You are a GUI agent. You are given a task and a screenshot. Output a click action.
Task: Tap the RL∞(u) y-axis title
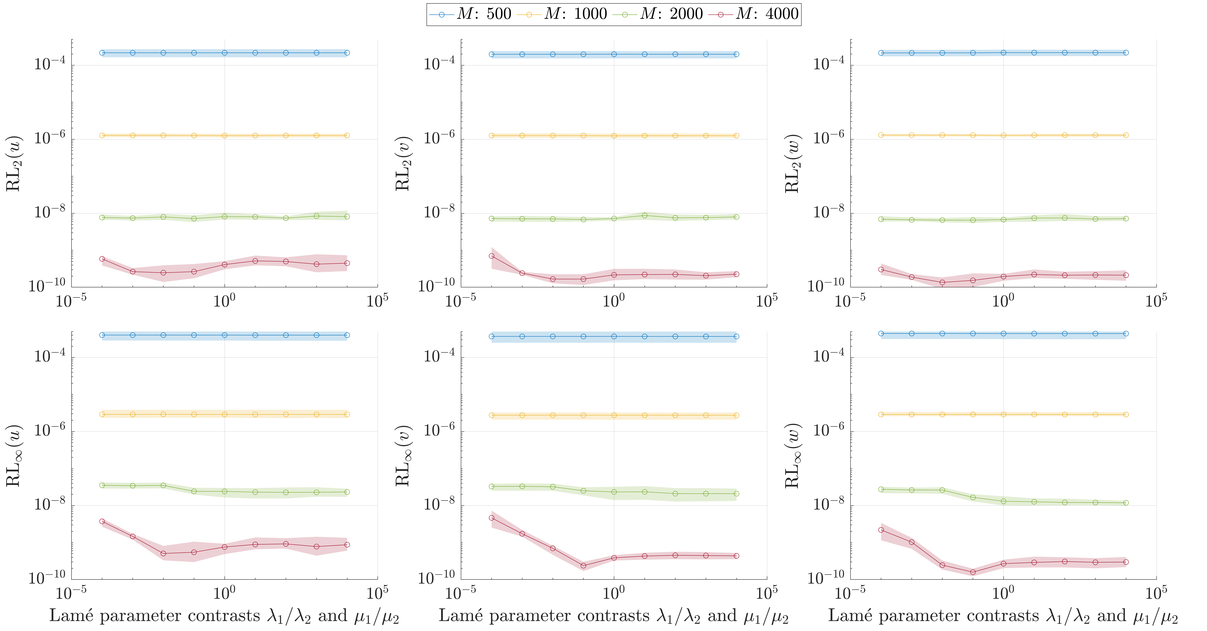[13, 456]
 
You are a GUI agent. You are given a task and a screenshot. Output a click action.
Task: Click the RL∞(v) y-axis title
[403, 456]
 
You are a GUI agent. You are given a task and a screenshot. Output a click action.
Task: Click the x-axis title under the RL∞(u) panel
[224, 616]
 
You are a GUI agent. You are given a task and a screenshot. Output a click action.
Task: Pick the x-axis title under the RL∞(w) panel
[1003, 616]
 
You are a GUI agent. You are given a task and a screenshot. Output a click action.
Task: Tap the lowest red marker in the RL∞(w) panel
[973, 572]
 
